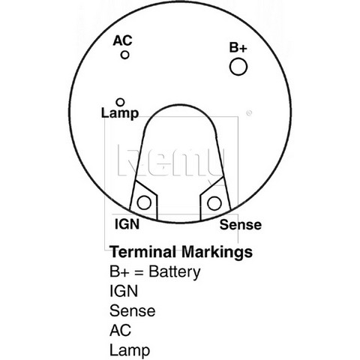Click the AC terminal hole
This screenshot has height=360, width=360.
coord(124,55)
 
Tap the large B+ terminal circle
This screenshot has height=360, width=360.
coord(238,67)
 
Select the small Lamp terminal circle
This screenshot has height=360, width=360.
coord(120,102)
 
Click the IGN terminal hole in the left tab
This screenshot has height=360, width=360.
coord(144,202)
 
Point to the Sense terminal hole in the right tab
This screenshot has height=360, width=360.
coord(214,203)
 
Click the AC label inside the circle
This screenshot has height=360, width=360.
coord(122,40)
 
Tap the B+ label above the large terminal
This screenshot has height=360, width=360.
coord(238,47)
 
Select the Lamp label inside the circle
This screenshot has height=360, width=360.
coord(120,113)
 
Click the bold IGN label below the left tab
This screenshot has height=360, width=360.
coord(127,224)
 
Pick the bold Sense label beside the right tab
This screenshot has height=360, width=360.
coord(241,224)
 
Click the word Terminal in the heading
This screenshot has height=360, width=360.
coord(142,252)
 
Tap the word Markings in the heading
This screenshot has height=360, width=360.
coord(217,252)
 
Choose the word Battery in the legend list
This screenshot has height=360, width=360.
coord(175,272)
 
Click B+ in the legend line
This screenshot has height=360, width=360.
coord(119,271)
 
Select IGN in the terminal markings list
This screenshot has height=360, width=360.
coord(124,291)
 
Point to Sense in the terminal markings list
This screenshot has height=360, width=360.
coord(133,310)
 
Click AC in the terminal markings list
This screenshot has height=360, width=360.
coord(120,330)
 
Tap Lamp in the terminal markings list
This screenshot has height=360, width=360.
coord(130,350)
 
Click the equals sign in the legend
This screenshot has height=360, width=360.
coord(139,272)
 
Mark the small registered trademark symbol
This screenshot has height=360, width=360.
coord(249,113)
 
